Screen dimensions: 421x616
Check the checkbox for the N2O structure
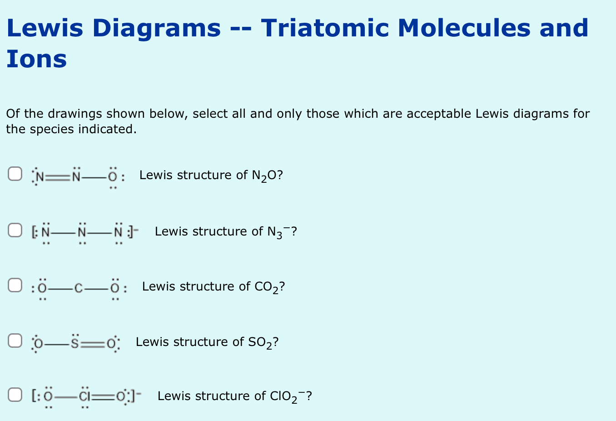tap(15, 174)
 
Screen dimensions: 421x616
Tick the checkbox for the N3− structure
tap(15, 230)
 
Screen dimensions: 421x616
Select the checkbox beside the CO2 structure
tap(15, 286)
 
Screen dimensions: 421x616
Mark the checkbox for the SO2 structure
tap(15, 341)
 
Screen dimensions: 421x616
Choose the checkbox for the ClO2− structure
tap(15, 395)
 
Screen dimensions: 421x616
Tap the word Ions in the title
tap(36, 59)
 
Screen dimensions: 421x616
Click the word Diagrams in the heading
tap(156, 28)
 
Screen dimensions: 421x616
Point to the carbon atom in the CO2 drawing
tap(78, 288)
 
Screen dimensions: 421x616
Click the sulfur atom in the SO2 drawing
tap(76, 343)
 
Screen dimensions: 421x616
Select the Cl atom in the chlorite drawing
tap(84, 397)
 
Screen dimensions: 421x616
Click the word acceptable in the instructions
tap(438, 114)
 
